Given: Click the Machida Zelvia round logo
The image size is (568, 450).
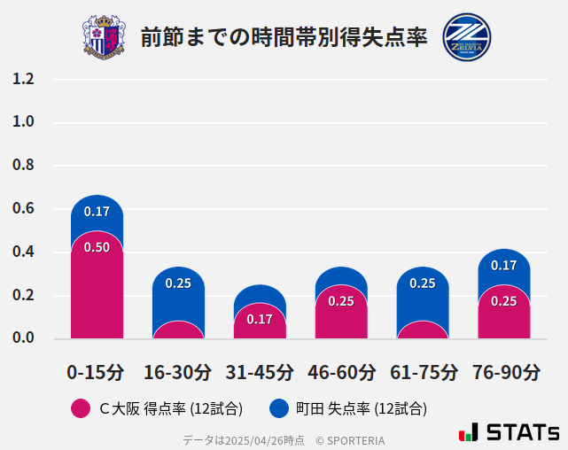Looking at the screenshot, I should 466,37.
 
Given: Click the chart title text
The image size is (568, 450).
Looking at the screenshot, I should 284,38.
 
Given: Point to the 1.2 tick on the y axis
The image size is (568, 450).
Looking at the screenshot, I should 23,79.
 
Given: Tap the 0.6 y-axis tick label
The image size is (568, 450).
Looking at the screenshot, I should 23,209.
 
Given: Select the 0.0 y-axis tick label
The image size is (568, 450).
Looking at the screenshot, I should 23,338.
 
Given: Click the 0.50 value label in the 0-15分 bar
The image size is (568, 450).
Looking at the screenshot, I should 97,247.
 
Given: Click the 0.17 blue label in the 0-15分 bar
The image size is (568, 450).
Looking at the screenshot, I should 97,212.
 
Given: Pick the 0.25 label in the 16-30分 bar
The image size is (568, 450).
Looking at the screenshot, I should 178,283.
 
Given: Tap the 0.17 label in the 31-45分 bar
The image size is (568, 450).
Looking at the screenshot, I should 260,319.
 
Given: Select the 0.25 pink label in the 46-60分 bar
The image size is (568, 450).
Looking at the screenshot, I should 341,301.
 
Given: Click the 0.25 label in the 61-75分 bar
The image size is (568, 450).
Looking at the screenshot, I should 423,283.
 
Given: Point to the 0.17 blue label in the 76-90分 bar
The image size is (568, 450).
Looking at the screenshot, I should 504,265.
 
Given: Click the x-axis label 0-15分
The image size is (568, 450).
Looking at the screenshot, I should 96,372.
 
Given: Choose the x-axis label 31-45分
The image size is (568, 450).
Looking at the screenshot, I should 260,372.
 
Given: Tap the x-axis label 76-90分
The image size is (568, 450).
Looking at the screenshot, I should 505,372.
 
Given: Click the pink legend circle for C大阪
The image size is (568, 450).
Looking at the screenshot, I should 81,408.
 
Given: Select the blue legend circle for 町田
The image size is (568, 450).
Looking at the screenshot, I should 279,408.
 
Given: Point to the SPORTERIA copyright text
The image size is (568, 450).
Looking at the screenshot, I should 350,439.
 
